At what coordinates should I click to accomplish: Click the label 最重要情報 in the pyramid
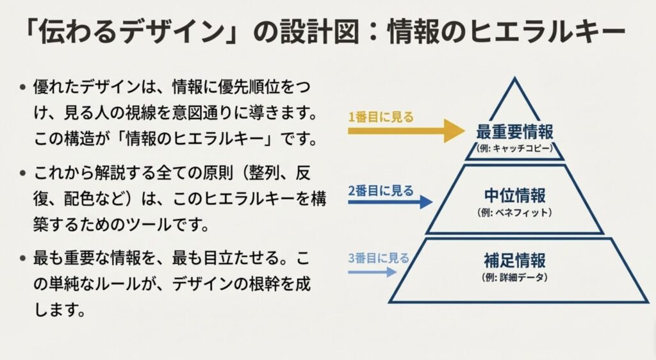coord(514,132)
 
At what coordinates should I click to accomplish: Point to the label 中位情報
coord(514,195)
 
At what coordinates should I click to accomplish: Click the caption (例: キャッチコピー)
coord(514,148)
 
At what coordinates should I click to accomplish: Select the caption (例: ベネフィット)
coord(514,211)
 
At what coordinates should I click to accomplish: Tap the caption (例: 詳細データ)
coord(514,277)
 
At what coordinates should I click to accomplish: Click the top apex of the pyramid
coord(514,79)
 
